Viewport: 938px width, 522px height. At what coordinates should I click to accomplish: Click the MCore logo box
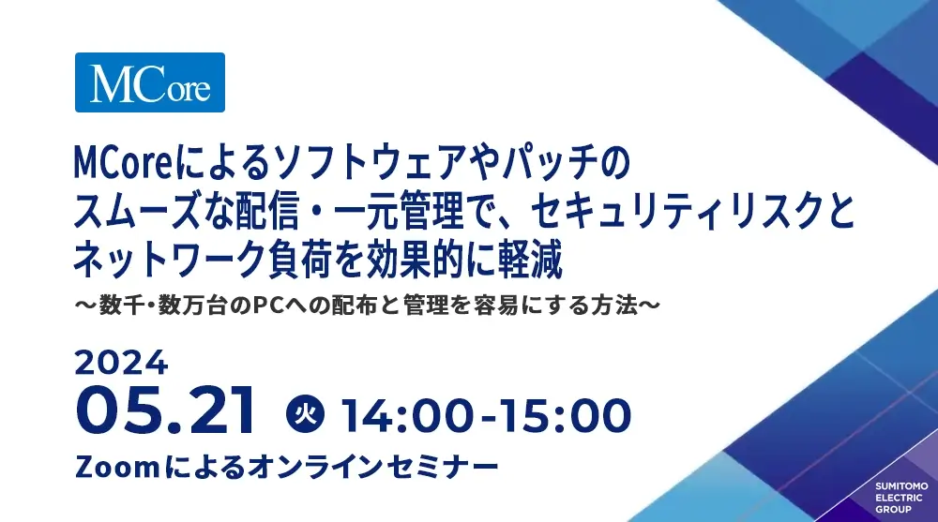[x=149, y=82]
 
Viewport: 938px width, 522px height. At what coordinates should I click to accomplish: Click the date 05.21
[x=166, y=411]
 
